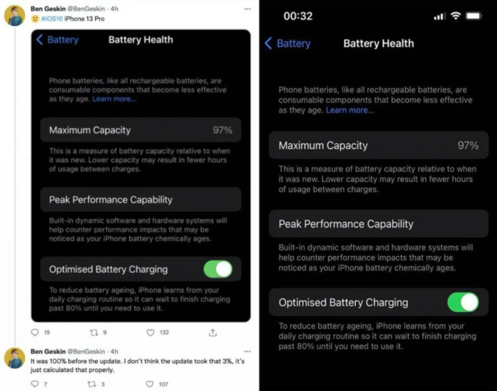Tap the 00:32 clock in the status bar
[x=298, y=16]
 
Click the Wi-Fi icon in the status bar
[x=456, y=15]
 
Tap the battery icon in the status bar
[x=473, y=15]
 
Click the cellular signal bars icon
[x=440, y=16]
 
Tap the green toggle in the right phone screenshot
[x=463, y=302]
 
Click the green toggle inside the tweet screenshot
[x=218, y=269]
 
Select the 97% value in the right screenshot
[x=468, y=145]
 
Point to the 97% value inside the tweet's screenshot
[x=222, y=130]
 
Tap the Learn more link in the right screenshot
[x=350, y=110]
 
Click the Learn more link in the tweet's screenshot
[x=115, y=99]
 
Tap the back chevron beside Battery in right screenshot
[x=268, y=43]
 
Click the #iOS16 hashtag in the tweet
[x=52, y=19]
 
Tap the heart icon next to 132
[x=150, y=332]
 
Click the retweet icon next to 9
[x=94, y=332]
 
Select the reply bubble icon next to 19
[x=35, y=332]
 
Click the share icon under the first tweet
[x=213, y=332]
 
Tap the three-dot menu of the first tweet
[x=247, y=9]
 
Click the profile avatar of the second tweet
[x=15, y=358]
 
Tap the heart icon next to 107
[x=150, y=384]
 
